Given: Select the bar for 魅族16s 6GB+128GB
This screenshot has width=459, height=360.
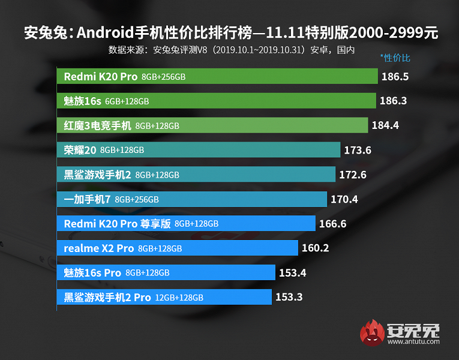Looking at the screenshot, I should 216,101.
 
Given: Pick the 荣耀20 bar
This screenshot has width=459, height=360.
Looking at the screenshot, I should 198,150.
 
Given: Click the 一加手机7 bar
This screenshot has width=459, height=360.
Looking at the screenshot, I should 191,199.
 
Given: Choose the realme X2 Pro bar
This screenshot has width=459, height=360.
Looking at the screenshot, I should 177,248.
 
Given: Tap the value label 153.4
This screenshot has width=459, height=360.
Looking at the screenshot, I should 293,272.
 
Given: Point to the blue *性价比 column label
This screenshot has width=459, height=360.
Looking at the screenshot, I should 395,58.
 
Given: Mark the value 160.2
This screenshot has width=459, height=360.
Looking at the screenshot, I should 316,248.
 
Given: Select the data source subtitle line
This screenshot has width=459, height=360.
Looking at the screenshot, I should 231,49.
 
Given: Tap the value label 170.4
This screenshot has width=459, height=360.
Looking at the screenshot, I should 344,199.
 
